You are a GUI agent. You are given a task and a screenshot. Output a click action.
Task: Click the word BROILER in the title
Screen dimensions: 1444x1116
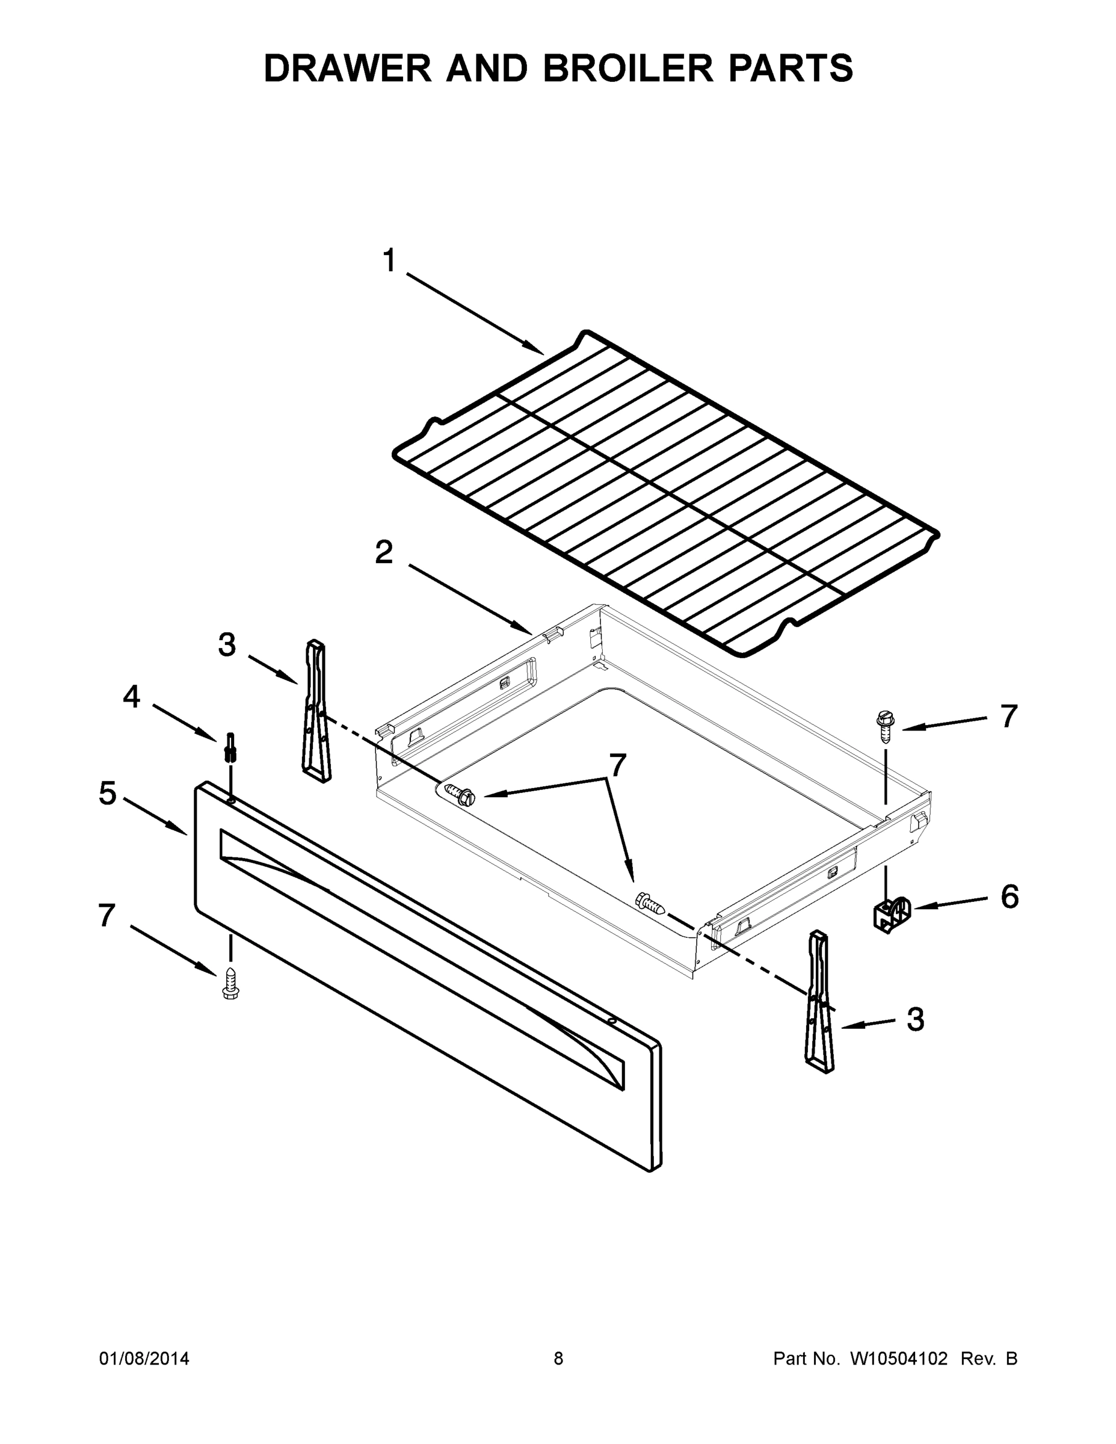coord(628,68)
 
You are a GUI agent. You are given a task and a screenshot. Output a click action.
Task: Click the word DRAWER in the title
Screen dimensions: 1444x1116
coord(347,68)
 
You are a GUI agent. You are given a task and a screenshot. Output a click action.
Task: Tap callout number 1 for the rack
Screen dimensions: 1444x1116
coord(389,261)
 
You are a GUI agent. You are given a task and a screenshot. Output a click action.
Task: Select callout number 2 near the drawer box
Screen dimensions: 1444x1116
coord(384,553)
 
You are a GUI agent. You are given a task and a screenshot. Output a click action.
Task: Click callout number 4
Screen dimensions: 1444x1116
coord(132,697)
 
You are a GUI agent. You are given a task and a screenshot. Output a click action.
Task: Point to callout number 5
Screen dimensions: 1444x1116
coord(108,794)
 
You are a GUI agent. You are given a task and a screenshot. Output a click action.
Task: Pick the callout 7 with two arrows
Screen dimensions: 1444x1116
coord(617,766)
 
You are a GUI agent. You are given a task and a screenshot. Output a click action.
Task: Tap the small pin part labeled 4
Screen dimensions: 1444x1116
coord(231,748)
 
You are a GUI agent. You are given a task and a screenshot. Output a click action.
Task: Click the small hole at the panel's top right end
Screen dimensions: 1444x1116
coord(612,1022)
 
